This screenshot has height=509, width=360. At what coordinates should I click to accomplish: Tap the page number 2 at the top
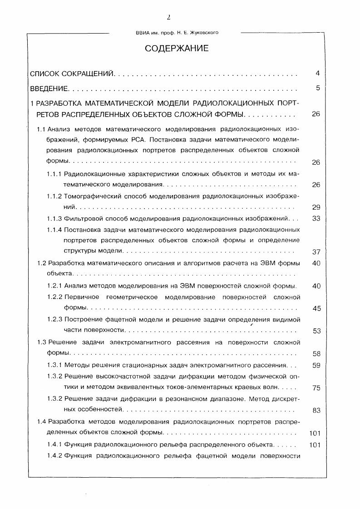point(168,18)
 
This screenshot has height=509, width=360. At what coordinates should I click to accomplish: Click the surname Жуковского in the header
point(207,32)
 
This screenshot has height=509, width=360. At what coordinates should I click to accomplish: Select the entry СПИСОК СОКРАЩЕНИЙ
point(71,73)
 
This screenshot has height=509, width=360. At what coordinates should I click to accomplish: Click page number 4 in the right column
point(318,73)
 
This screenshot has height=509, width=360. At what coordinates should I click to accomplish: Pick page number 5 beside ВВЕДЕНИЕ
point(318,88)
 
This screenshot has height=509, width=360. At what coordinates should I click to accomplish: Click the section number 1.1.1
point(55,174)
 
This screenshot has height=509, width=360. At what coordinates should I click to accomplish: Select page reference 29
point(316,207)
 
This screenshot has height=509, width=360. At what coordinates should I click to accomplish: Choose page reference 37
point(316,252)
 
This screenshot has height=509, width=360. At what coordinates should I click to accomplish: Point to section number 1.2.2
point(55,297)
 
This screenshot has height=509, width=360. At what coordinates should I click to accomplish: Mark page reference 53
point(316,331)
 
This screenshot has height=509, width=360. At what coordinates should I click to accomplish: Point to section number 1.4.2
point(55,455)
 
